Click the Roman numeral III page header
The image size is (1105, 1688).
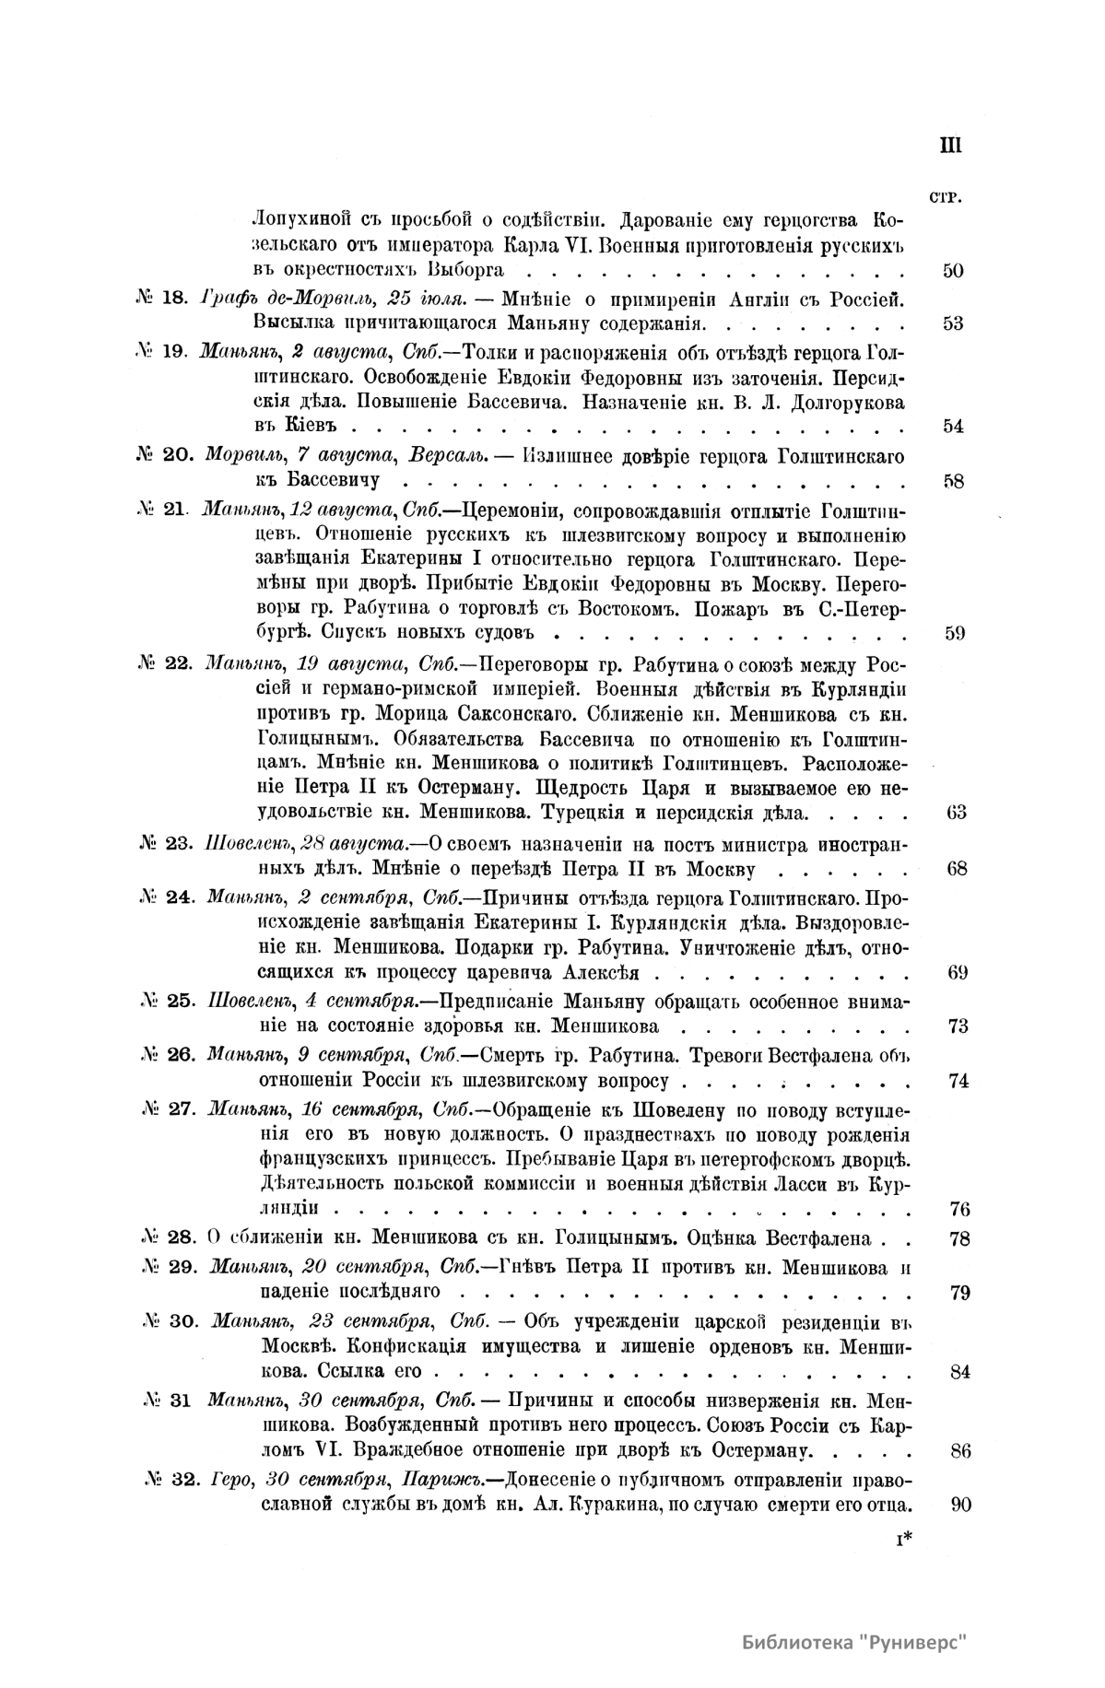[x=950, y=146]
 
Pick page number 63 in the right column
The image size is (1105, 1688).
[x=956, y=813]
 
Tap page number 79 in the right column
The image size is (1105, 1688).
[x=958, y=1293]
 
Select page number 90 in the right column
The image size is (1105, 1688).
[x=959, y=1506]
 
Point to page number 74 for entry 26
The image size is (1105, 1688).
[x=958, y=1081]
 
